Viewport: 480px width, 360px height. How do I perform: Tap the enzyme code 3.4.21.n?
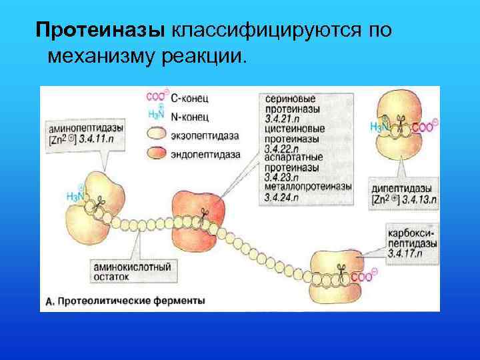(283, 119)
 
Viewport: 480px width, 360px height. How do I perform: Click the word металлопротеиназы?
(307, 188)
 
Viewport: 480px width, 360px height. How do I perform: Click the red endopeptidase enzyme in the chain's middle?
(197, 211)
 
